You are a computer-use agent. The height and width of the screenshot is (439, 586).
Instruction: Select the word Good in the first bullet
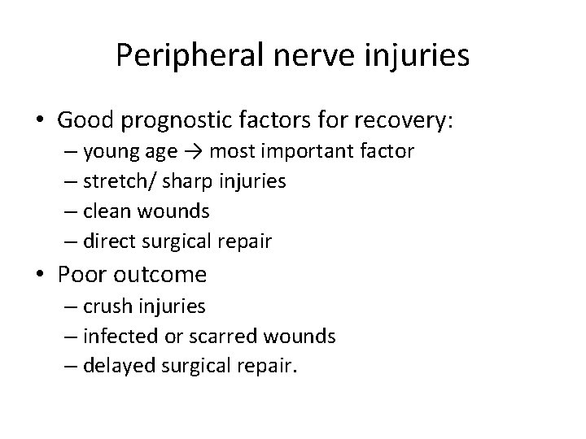click(x=85, y=121)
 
